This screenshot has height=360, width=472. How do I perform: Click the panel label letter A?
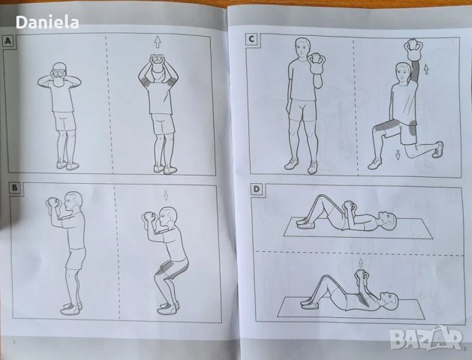click(9, 42)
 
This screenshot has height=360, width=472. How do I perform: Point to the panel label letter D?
click(256, 189)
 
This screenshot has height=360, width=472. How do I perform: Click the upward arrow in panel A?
click(157, 41)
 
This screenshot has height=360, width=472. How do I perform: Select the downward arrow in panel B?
click(166, 196)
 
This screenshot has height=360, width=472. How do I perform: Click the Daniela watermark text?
click(47, 22)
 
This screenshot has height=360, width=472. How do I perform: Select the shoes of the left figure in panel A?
click(67, 165)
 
